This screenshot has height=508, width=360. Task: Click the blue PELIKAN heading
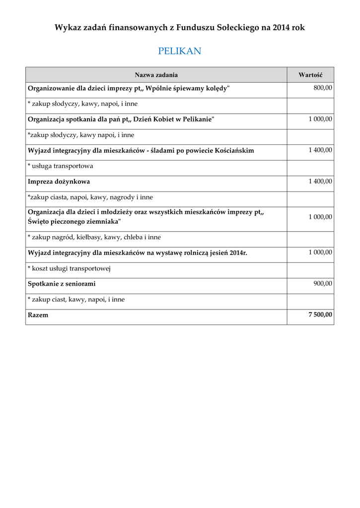pyautogui.click(x=180, y=51)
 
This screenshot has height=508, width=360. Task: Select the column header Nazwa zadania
pyautogui.click(x=156, y=75)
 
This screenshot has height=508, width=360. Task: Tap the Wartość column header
pyautogui.click(x=310, y=75)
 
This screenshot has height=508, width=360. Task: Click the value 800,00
pyautogui.click(x=323, y=88)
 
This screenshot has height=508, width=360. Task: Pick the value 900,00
pyautogui.click(x=323, y=283)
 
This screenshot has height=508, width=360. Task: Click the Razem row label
pyautogui.click(x=38, y=315)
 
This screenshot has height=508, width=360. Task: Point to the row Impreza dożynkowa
pyautogui.click(x=59, y=182)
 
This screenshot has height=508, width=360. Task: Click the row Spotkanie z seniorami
pyautogui.click(x=62, y=284)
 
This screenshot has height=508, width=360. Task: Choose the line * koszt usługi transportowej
pyautogui.click(x=69, y=268)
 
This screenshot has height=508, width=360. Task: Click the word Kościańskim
pyautogui.click(x=234, y=150)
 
